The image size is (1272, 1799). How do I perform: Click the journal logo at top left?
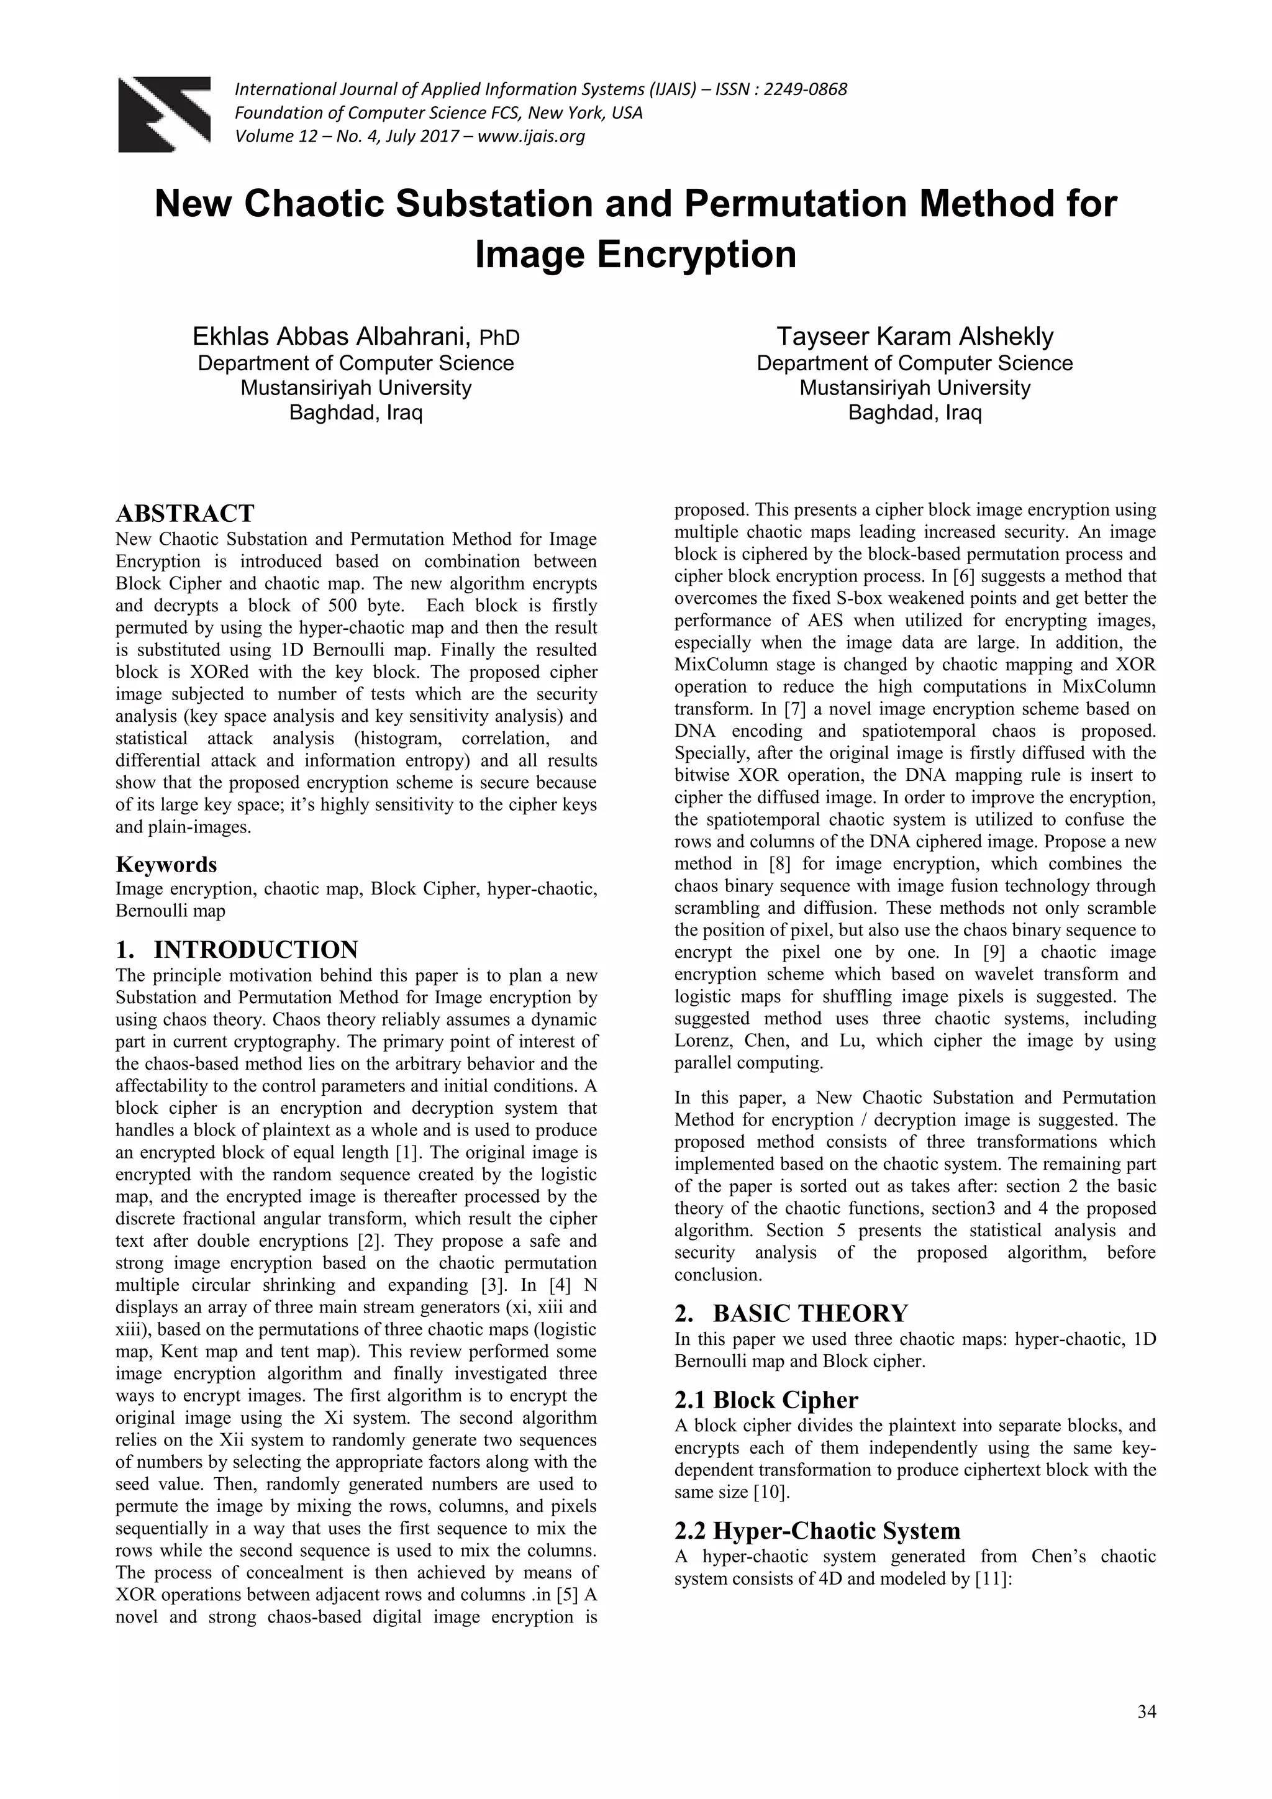tap(164, 114)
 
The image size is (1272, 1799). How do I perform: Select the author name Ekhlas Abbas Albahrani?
tap(331, 337)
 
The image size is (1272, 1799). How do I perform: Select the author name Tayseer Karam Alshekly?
tap(915, 337)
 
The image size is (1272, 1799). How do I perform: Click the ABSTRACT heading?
tap(185, 514)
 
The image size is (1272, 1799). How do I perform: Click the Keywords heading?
tap(166, 865)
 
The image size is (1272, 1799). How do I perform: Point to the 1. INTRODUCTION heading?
tap(237, 950)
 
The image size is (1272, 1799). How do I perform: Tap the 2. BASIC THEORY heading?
tap(791, 1313)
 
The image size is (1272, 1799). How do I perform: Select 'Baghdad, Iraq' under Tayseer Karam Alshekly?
tap(915, 412)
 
